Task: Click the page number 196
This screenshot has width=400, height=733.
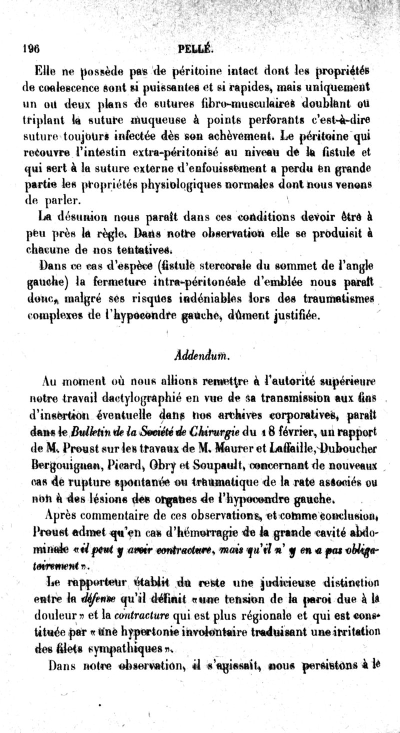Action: click(x=31, y=49)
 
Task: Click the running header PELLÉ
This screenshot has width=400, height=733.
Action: click(x=195, y=49)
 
